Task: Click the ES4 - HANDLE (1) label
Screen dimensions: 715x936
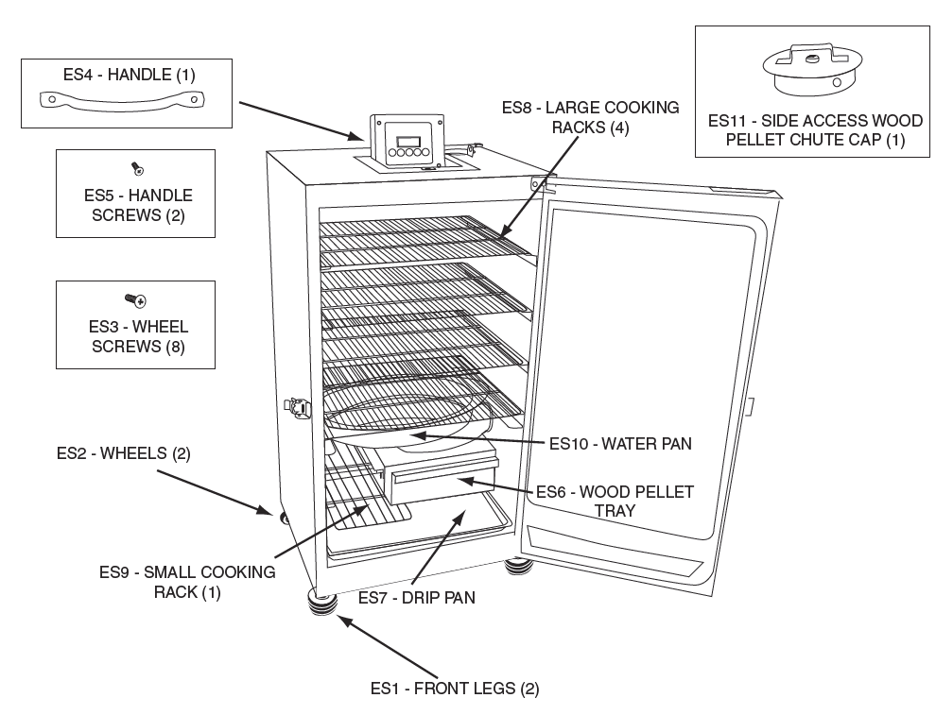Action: click(x=125, y=73)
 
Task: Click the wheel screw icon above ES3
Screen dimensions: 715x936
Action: click(x=135, y=300)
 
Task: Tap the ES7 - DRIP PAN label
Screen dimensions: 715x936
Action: click(x=417, y=597)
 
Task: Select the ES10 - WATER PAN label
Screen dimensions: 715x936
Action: click(x=621, y=442)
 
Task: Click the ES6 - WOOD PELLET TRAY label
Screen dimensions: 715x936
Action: click(x=615, y=501)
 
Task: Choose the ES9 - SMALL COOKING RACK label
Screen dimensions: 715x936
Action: click(x=187, y=582)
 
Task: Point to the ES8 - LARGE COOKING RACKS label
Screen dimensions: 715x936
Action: click(x=590, y=117)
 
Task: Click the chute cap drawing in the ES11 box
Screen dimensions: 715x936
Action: click(x=813, y=71)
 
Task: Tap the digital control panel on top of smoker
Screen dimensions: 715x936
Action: click(x=407, y=141)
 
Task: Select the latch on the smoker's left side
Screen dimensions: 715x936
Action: click(x=298, y=408)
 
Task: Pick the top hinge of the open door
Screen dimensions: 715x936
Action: click(x=541, y=182)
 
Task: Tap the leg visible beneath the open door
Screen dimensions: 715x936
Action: click(x=519, y=567)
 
